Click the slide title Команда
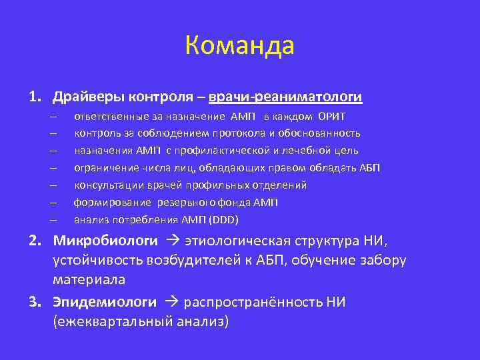point(239,46)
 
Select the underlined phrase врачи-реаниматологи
point(285,97)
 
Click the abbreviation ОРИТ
point(331,117)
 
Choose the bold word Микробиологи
point(105,240)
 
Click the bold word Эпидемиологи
point(105,302)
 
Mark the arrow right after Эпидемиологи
point(171,302)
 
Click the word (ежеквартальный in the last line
point(111,321)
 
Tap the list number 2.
point(33,240)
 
